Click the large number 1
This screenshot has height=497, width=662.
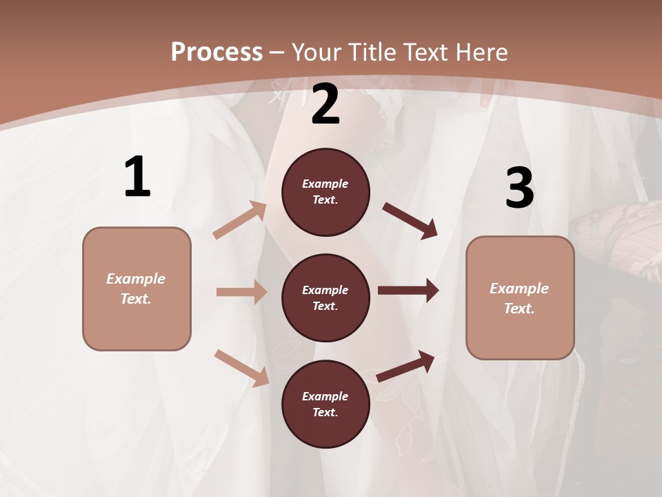tap(137, 177)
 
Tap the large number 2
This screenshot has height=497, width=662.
tap(325, 104)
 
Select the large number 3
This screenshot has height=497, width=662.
tap(519, 188)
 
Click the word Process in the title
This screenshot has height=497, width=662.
tap(217, 52)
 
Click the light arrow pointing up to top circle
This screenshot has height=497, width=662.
tap(240, 220)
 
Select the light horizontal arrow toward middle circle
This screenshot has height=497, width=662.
tap(241, 292)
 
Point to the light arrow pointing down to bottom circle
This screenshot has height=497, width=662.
tap(241, 367)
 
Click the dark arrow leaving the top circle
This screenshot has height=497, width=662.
tap(410, 220)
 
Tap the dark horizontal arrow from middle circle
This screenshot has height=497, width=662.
tap(408, 291)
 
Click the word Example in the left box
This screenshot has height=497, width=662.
tap(136, 279)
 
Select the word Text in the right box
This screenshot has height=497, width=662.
tap(519, 309)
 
